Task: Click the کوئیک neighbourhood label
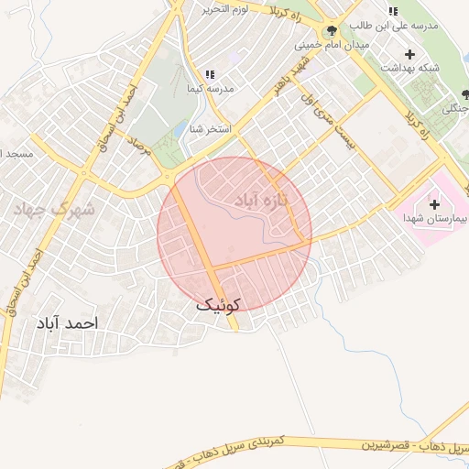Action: (x=218, y=305)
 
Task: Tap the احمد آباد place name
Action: (x=67, y=323)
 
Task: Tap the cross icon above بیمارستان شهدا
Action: (x=434, y=202)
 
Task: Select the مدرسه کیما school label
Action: (x=209, y=89)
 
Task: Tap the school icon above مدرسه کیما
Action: (x=209, y=74)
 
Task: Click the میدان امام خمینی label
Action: (x=332, y=44)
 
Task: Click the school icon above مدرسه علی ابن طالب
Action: (x=393, y=12)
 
